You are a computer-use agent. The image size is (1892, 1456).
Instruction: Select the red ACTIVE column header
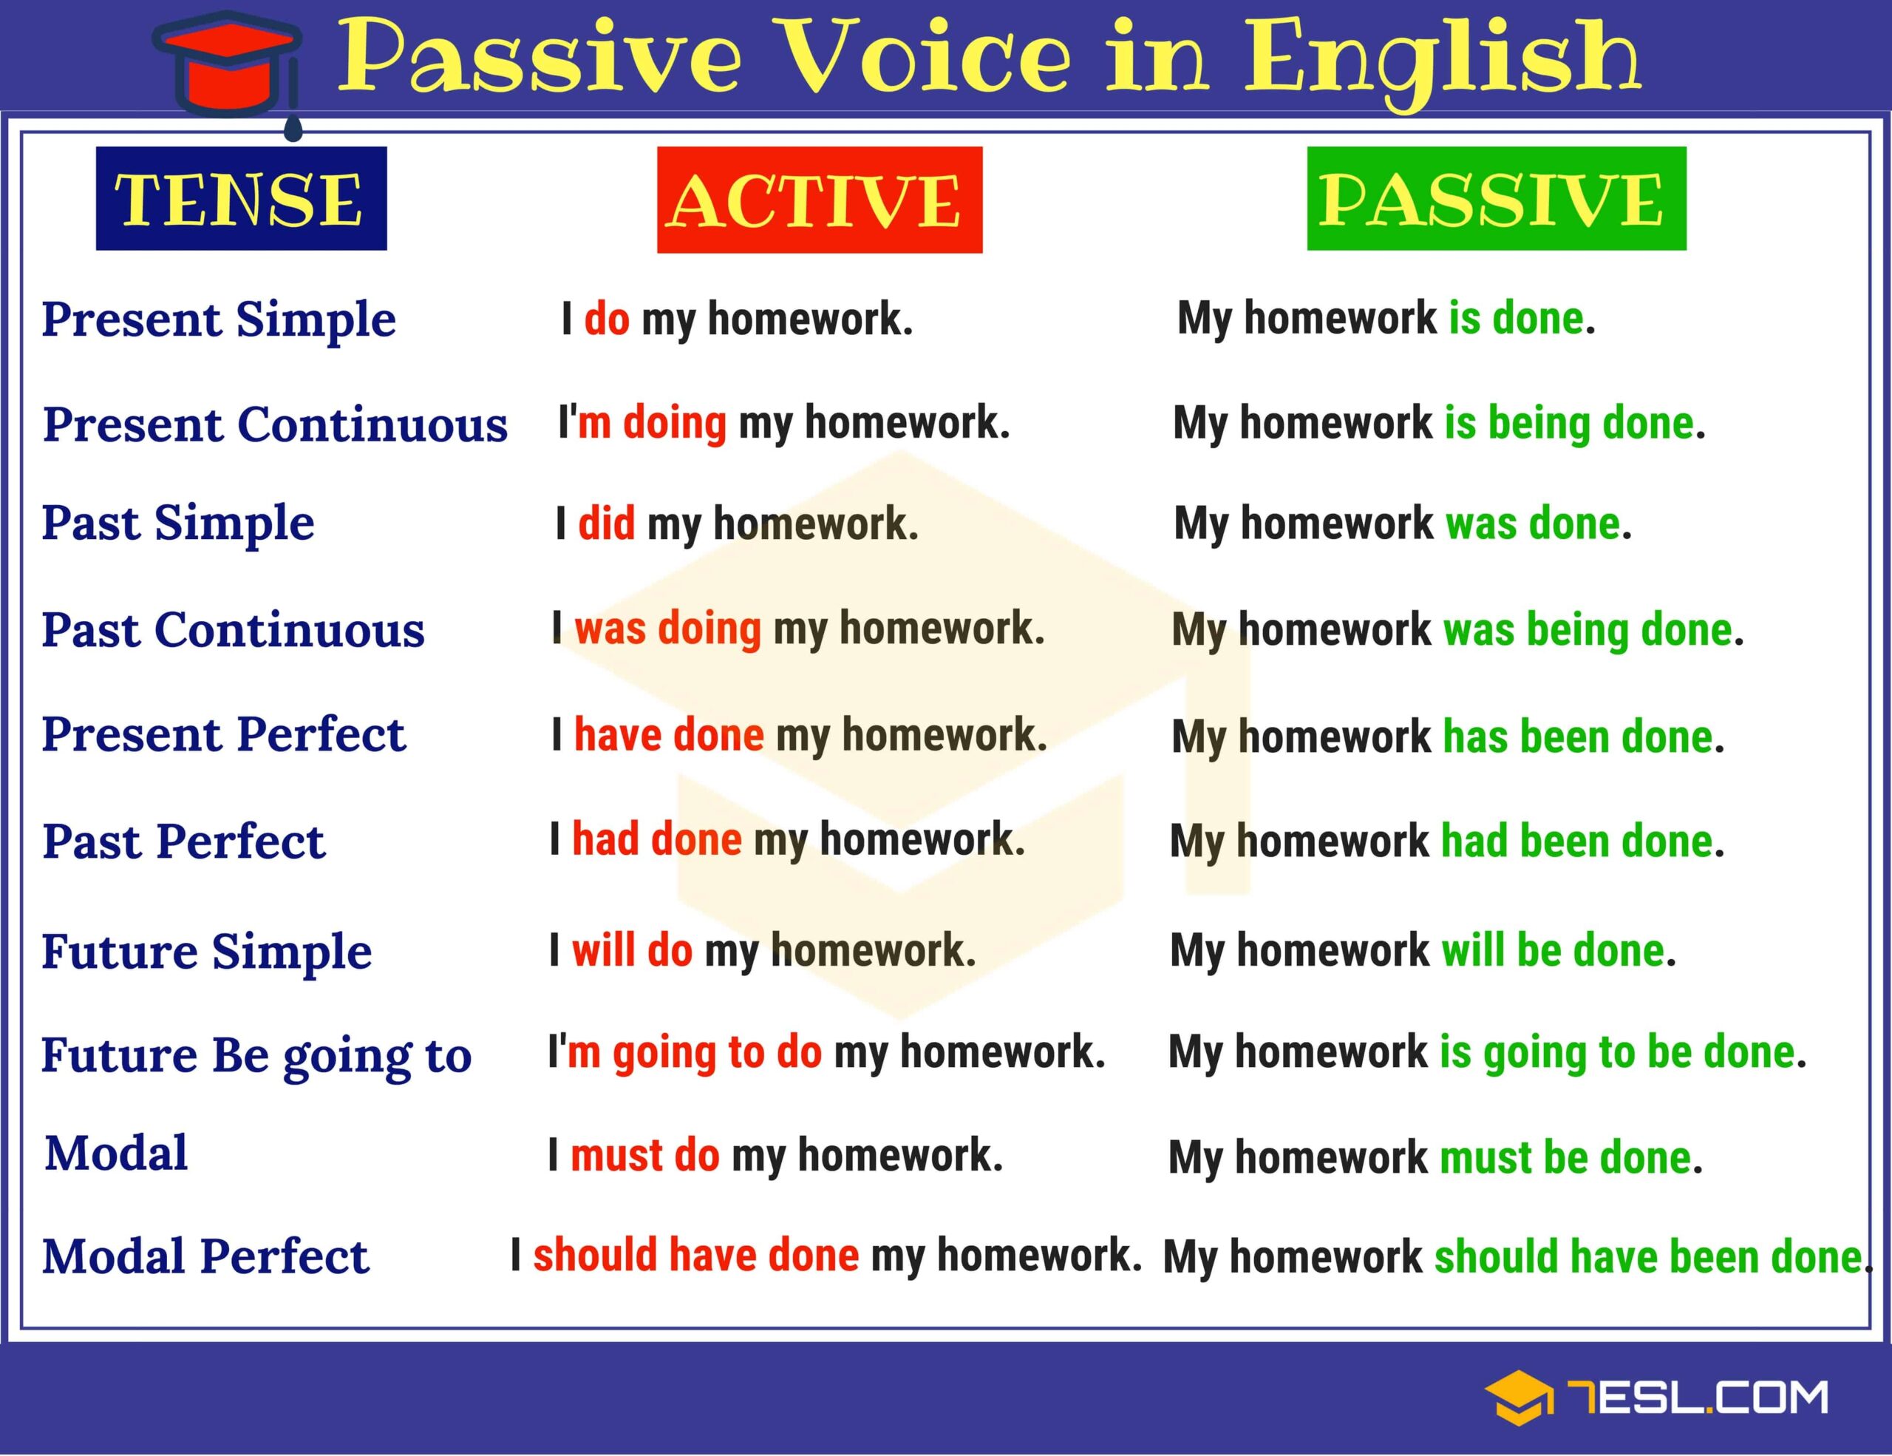[x=819, y=200]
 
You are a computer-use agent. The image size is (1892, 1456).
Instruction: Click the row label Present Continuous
[x=275, y=424]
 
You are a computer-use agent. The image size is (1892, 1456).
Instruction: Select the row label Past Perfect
[x=183, y=842]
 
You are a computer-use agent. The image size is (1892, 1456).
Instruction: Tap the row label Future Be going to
[x=256, y=1056]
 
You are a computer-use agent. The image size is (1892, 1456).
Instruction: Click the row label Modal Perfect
[x=205, y=1256]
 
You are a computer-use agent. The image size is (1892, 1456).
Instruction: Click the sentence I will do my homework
[x=763, y=951]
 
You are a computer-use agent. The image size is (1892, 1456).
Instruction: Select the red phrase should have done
[x=695, y=1255]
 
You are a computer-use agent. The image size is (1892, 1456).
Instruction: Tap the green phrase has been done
[x=1576, y=737]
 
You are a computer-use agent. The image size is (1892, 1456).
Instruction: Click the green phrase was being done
[x=1587, y=630]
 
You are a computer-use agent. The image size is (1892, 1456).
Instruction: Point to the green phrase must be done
[x=1565, y=1157]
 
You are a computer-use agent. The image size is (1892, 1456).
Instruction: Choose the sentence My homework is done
[x=1385, y=318]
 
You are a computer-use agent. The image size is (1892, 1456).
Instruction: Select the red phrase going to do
[x=716, y=1052]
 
